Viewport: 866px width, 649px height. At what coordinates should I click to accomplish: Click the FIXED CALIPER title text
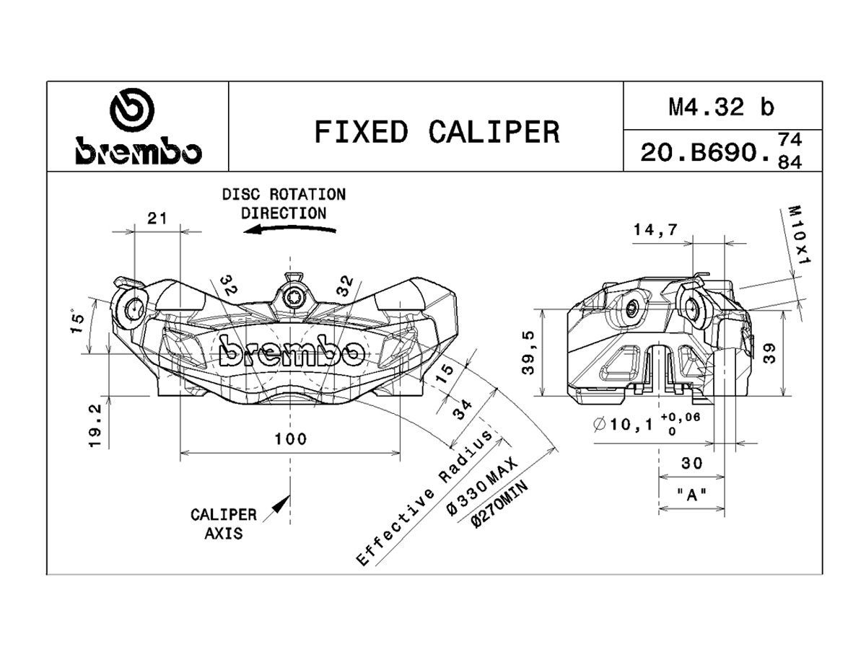437,132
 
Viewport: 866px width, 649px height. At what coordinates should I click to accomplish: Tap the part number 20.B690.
703,152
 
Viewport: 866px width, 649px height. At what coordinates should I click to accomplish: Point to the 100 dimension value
290,438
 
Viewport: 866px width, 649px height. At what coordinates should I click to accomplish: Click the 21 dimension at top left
157,218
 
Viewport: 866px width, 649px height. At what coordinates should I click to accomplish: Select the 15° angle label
78,322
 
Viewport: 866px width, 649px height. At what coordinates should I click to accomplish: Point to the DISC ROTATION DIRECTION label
284,203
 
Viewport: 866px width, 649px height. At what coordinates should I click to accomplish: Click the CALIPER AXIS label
223,524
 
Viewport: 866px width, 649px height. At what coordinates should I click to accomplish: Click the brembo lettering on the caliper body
290,353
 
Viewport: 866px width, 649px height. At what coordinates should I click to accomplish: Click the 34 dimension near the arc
462,412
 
